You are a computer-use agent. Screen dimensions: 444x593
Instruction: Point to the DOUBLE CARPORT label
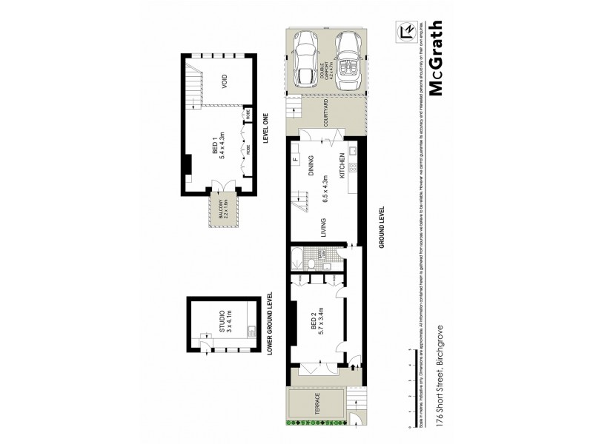click(328, 68)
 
